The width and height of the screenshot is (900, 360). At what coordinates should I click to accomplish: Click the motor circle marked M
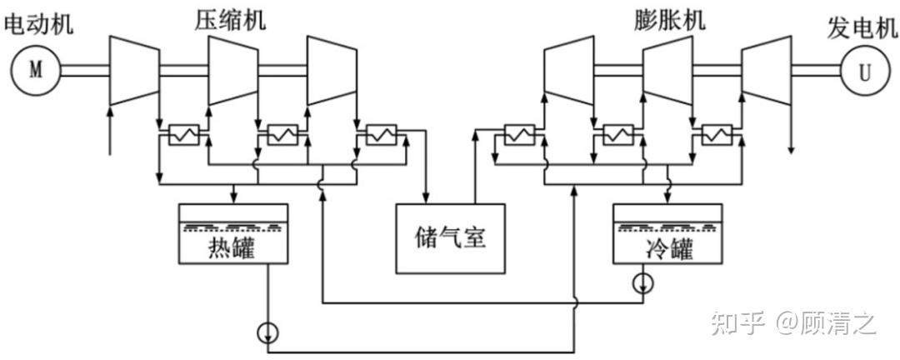pos(36,71)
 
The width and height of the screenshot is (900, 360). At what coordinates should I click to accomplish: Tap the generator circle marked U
pos(864,71)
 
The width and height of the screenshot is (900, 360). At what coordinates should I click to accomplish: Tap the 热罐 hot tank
pos(233,234)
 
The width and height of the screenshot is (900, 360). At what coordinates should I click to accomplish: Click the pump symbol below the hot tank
pos(268,332)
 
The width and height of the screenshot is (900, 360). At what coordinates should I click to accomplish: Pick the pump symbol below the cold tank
pos(642,282)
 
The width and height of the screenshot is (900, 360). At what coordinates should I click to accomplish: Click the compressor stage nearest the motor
pos(134,71)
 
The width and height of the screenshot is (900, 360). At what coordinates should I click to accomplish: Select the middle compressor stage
pos(233,71)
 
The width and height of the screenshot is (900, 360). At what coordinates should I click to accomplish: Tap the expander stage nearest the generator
pos(767,71)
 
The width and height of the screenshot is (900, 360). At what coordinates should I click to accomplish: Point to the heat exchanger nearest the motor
pos(183,135)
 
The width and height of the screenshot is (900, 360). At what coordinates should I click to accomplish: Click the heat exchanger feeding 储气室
pos(382,135)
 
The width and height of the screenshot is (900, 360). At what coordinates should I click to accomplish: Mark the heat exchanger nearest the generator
pos(717,135)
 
